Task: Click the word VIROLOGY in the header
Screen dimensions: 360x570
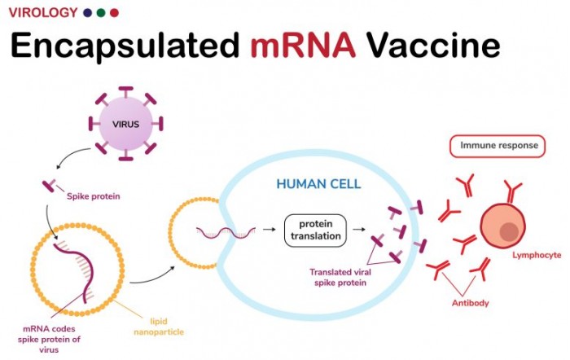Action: (x=42, y=12)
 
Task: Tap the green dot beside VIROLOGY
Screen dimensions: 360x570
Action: (x=100, y=12)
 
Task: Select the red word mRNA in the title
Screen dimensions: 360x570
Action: (x=303, y=46)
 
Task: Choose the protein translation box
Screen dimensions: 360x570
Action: (x=315, y=230)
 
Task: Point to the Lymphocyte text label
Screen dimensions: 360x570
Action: (x=536, y=255)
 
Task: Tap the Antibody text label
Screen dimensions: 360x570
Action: (x=471, y=304)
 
